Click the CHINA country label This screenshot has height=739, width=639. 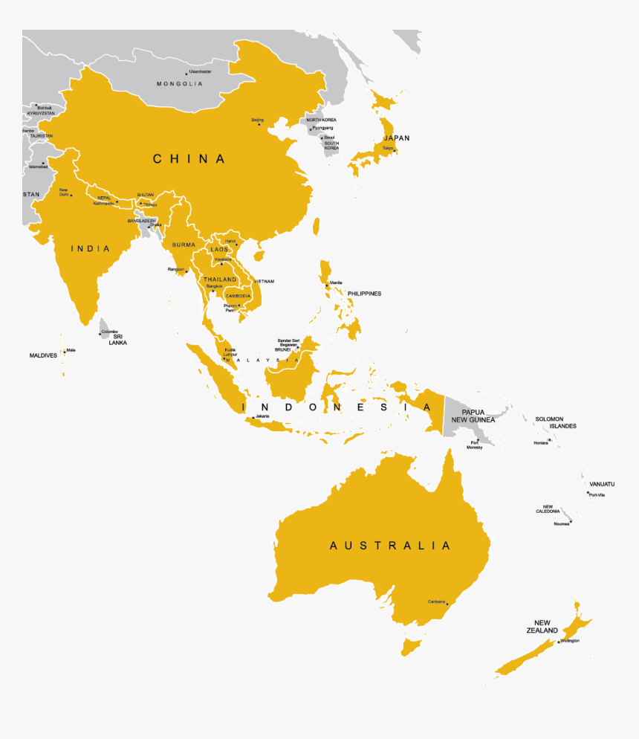coord(189,158)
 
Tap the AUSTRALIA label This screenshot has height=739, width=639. coord(390,546)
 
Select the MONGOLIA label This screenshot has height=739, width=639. coord(179,84)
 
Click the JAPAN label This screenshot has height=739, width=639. coord(396,138)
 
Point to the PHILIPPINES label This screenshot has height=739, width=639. coord(364,294)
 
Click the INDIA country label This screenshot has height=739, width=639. coord(90,248)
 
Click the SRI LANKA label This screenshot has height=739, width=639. coord(118,340)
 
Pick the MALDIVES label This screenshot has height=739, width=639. coord(43,355)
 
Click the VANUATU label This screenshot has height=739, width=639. coord(602,484)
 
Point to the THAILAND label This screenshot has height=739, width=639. coord(220,280)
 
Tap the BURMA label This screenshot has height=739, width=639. coord(184,245)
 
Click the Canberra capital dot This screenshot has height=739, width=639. coord(447,604)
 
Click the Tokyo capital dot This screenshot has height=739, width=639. coord(395,152)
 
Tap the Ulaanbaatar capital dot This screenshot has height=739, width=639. coord(186,74)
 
